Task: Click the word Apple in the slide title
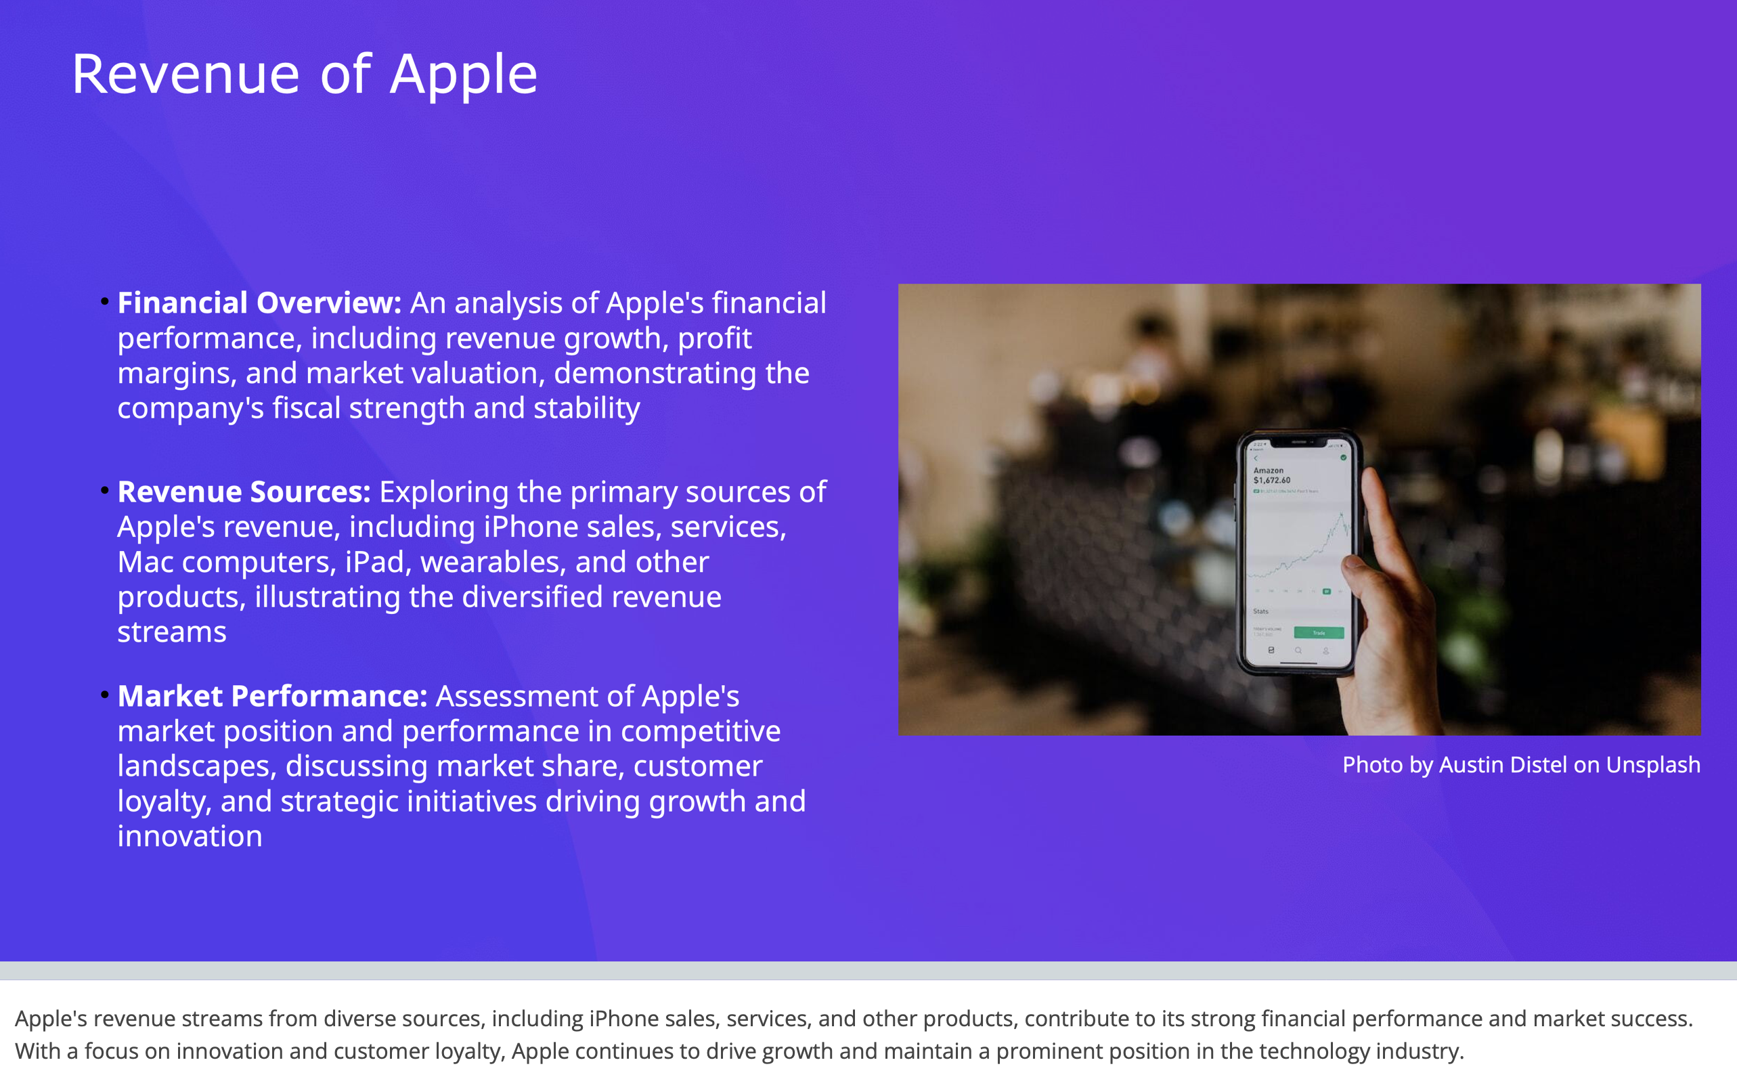click(464, 75)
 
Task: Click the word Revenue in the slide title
click(186, 75)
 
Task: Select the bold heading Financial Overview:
click(259, 303)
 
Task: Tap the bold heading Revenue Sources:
click(244, 492)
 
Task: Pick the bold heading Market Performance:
click(272, 696)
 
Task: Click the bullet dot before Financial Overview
click(104, 302)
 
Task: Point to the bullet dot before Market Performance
click(104, 695)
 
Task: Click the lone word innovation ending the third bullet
click(190, 837)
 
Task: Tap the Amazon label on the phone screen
click(1269, 470)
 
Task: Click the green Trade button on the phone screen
click(1319, 633)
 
